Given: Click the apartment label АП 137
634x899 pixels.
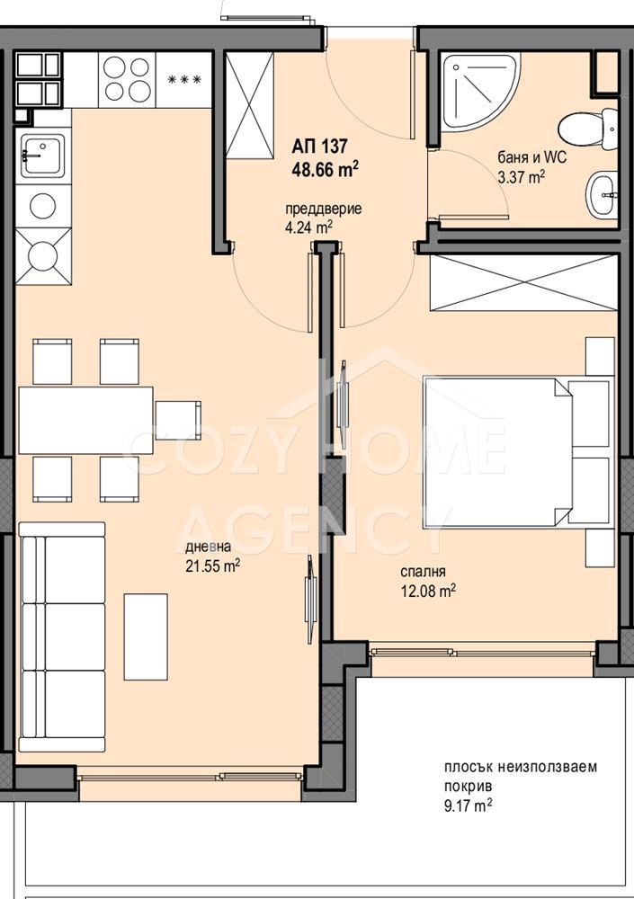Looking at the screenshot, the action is tap(319, 147).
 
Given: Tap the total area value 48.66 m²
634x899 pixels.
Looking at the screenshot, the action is tap(325, 169).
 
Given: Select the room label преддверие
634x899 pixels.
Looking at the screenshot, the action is tap(324, 209).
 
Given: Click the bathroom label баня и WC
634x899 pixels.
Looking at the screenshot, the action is tap(531, 156).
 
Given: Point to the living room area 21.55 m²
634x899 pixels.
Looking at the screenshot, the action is tap(212, 566).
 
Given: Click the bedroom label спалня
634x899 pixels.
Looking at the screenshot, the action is tap(423, 572).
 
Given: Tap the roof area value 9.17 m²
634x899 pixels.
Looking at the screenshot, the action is tap(468, 806).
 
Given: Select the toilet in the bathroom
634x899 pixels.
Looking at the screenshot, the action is tap(585, 129).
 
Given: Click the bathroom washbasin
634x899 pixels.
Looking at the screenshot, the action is tap(602, 195).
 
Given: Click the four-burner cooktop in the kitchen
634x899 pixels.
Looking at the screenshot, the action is tap(127, 80).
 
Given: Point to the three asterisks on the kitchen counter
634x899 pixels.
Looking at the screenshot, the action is tap(184, 80).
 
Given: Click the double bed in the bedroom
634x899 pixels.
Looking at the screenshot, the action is tap(516, 450).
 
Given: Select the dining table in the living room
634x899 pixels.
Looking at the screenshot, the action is tap(85, 420).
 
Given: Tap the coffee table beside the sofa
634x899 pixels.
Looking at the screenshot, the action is tap(147, 636).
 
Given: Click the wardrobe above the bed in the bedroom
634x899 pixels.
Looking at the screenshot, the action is tap(523, 282).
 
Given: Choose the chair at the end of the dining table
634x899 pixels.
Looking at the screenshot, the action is tap(178, 420).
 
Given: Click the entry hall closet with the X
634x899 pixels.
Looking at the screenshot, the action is tap(249, 105).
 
